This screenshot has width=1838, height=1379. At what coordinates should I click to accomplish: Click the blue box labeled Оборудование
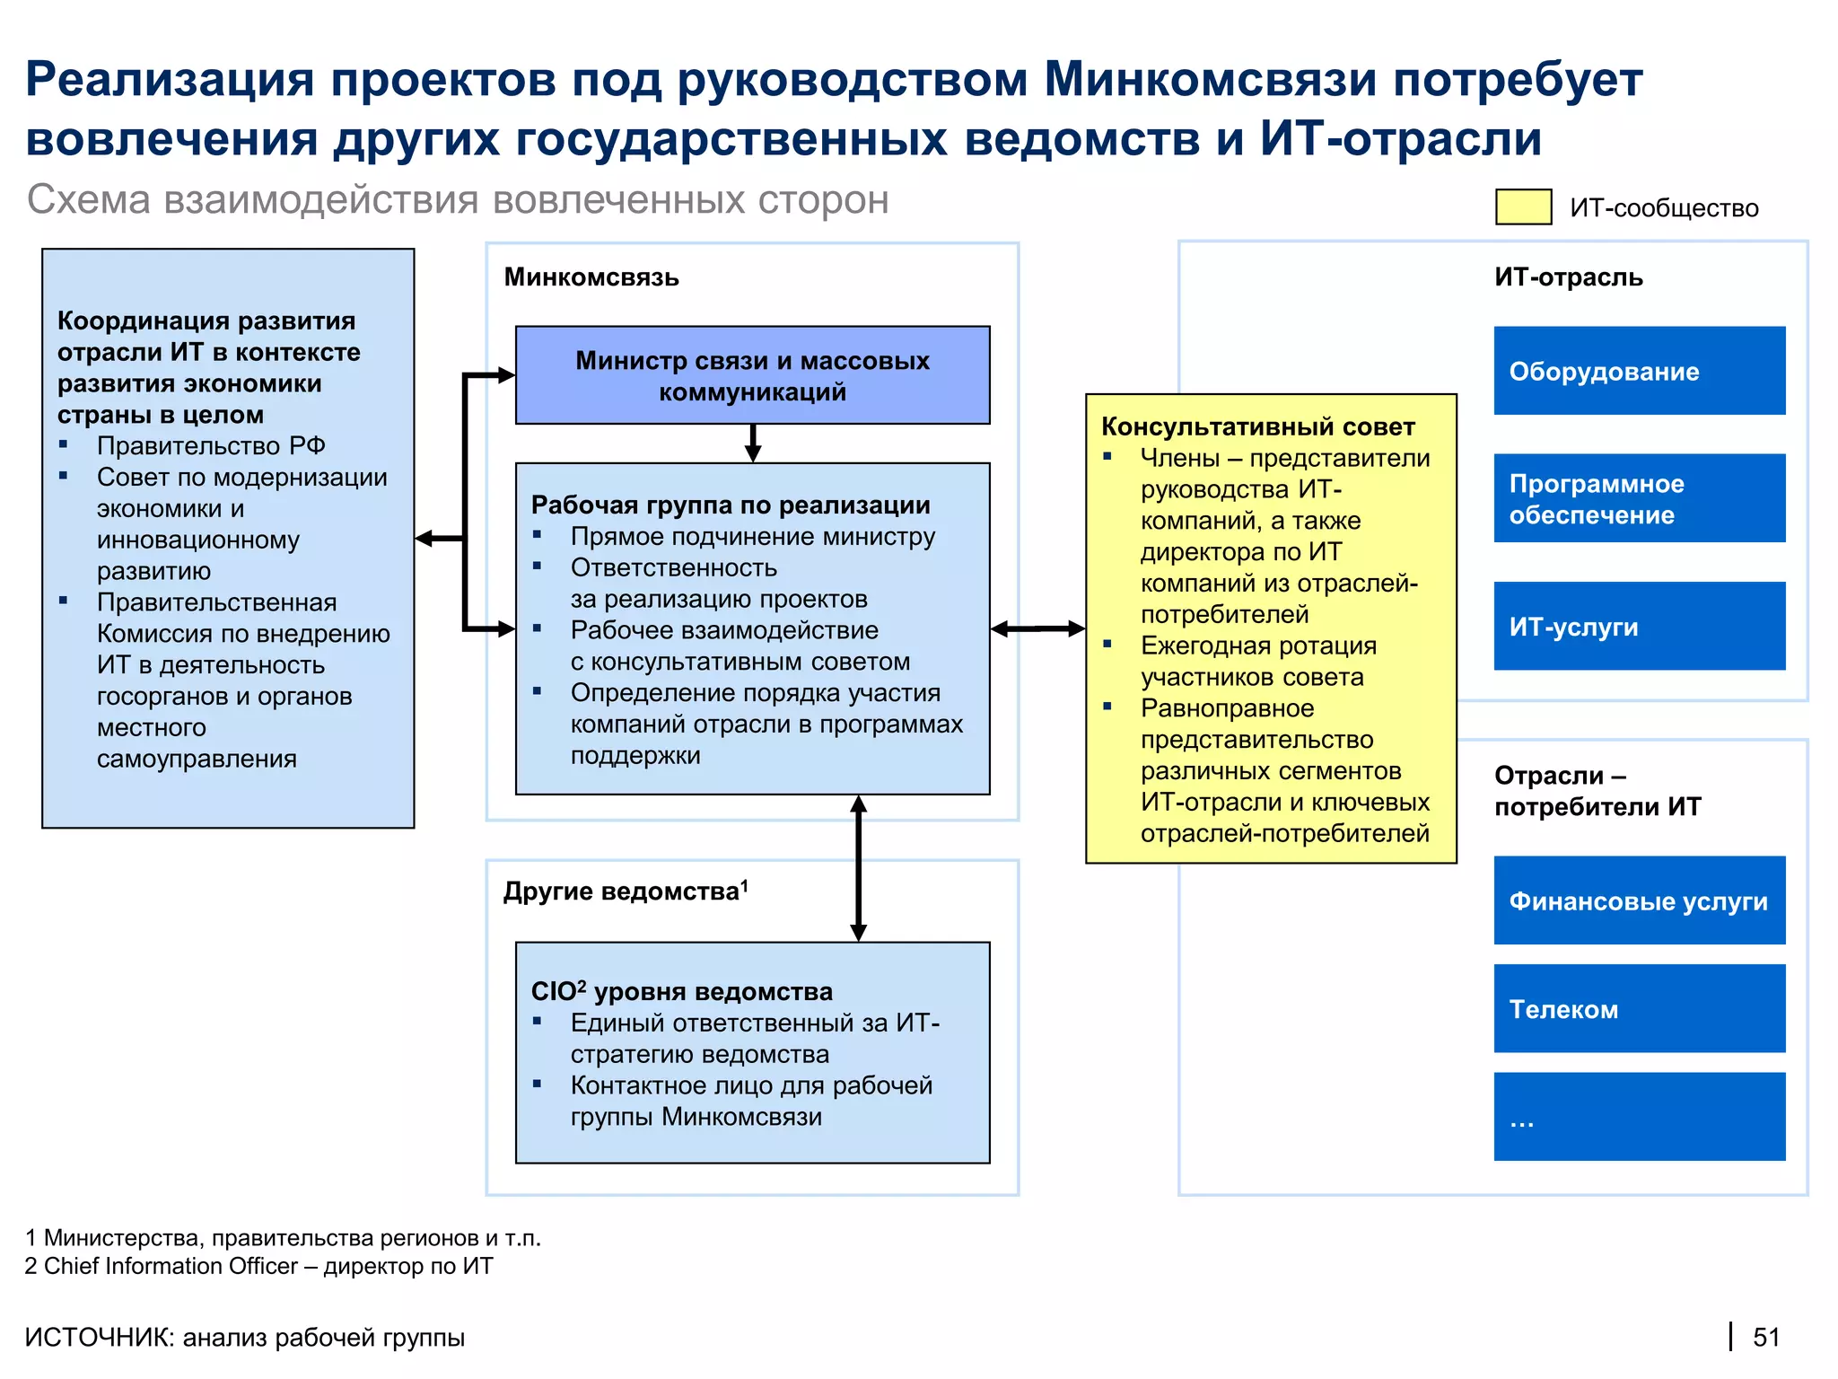(x=1639, y=371)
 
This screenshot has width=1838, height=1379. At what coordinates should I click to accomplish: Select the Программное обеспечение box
(x=1639, y=498)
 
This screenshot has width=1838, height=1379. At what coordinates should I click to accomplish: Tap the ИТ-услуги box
(x=1639, y=626)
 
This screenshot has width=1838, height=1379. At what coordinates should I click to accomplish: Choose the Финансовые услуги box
(x=1639, y=900)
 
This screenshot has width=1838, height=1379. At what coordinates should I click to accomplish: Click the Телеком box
(x=1639, y=1008)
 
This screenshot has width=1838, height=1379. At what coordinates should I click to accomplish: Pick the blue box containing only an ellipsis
(x=1639, y=1116)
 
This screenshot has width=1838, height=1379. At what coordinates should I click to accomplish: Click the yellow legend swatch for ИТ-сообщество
(x=1523, y=206)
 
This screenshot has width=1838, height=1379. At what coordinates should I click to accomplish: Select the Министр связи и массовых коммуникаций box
(x=752, y=375)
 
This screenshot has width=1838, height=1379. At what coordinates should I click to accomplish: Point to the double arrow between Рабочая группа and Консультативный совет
(x=1037, y=628)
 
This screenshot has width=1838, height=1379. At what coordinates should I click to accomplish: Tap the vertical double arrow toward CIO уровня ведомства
(x=858, y=868)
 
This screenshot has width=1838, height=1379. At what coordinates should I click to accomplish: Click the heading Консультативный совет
(x=1257, y=426)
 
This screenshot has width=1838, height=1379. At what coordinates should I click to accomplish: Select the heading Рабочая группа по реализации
(x=731, y=505)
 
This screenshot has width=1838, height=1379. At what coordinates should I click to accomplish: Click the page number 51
(x=1765, y=1337)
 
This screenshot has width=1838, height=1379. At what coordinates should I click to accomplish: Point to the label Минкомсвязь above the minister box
(x=591, y=277)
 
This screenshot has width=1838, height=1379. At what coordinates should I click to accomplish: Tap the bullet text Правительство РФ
(x=211, y=445)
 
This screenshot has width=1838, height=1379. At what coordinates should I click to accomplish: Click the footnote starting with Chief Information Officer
(x=259, y=1266)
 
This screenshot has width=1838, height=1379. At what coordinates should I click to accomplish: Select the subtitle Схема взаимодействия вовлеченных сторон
(x=458, y=199)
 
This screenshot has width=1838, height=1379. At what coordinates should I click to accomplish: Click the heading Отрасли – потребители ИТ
(x=1597, y=791)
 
